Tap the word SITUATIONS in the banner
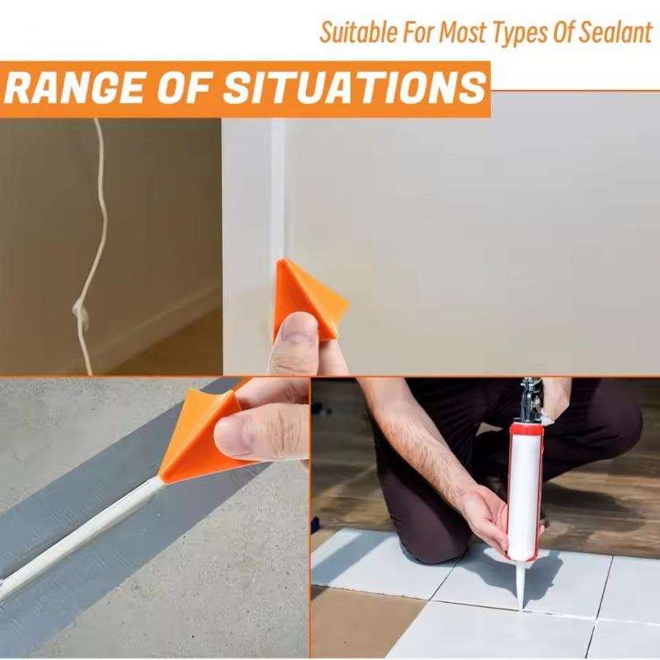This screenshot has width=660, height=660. click(x=355, y=88)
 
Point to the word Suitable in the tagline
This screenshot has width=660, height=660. click(x=358, y=32)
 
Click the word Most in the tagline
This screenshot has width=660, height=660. click(x=463, y=32)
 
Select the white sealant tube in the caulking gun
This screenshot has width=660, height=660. click(x=525, y=493)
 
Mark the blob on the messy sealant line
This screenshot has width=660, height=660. click(x=80, y=311)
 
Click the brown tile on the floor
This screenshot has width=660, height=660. click(x=362, y=623)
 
